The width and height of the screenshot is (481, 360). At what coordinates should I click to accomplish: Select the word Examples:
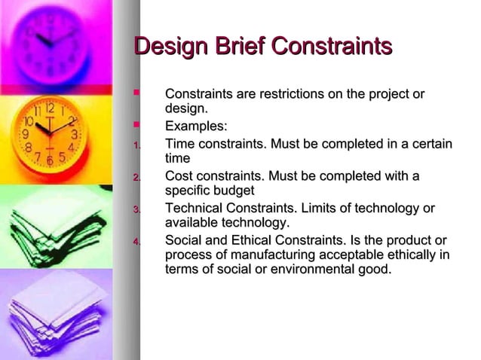click(x=196, y=126)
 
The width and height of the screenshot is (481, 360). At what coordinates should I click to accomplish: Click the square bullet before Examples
click(x=136, y=125)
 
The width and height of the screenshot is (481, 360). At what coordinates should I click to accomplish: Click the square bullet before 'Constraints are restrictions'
click(x=136, y=93)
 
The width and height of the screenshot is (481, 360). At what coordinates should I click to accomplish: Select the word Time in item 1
click(x=180, y=143)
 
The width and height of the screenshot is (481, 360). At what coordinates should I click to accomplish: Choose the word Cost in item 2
click(x=180, y=176)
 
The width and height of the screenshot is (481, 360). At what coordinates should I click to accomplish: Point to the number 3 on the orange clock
click(x=73, y=134)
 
